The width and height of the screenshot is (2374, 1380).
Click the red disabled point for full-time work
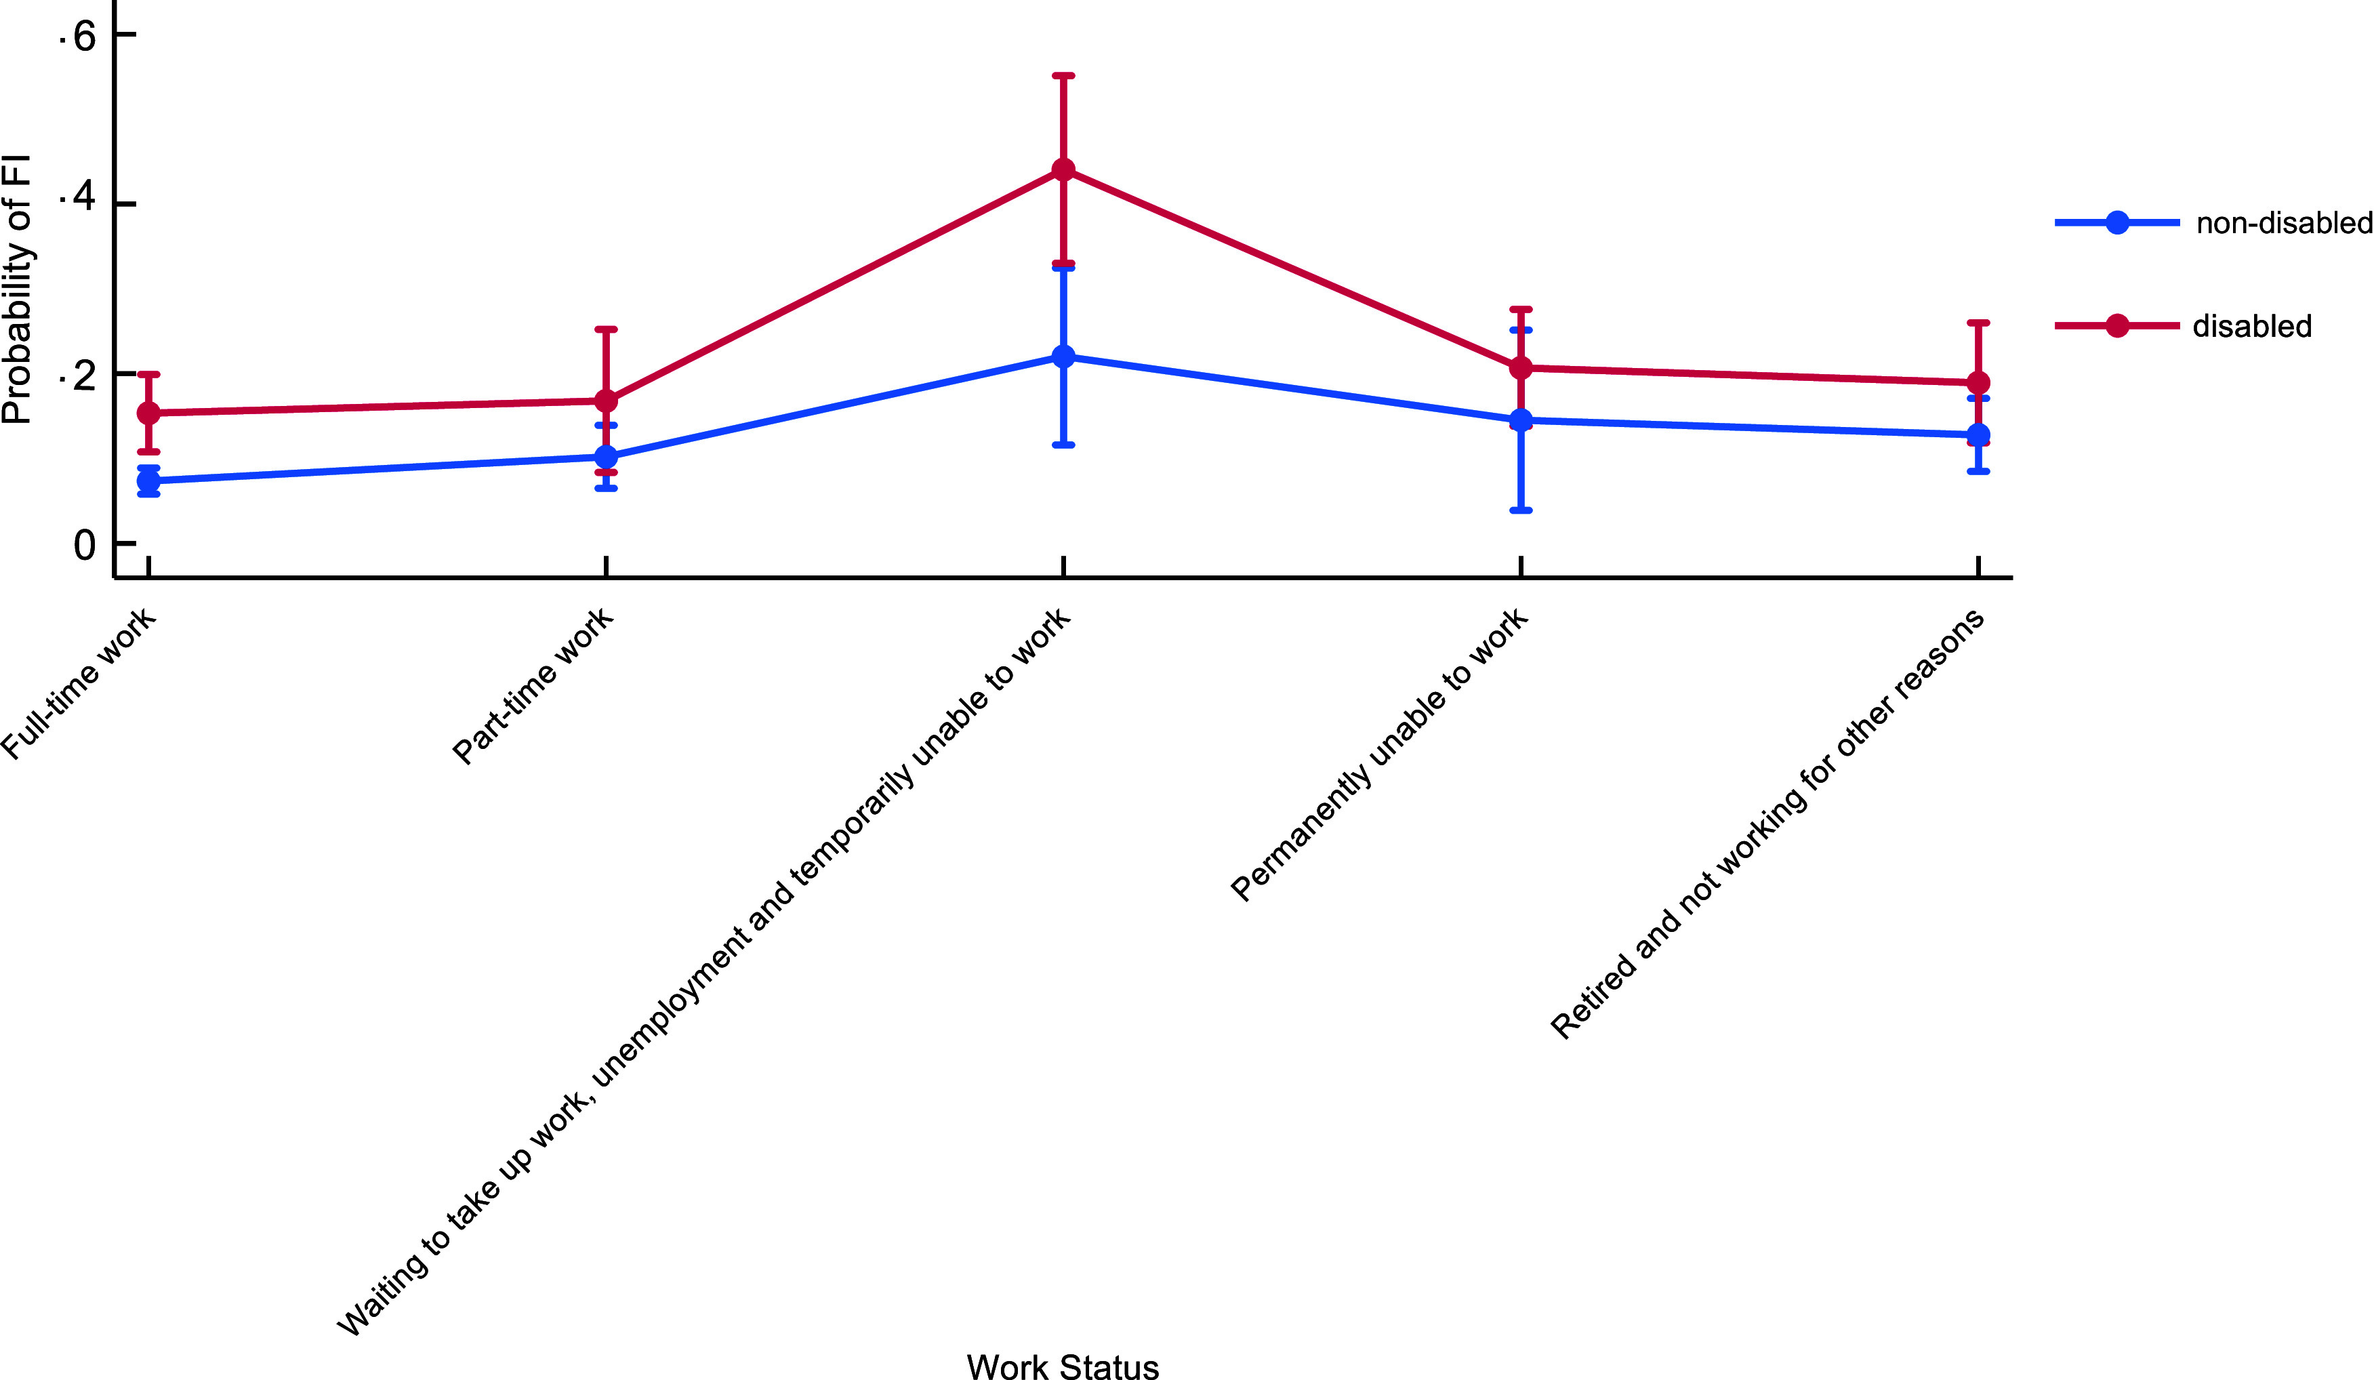(149, 413)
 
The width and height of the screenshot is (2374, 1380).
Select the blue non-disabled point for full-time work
(149, 481)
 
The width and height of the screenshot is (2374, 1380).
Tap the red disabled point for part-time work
(607, 401)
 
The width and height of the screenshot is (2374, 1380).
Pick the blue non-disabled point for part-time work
(607, 457)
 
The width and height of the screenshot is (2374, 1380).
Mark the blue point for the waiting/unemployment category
(1063, 356)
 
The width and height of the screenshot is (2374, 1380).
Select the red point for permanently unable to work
(1521, 367)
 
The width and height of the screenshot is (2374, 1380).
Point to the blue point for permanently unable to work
(1521, 420)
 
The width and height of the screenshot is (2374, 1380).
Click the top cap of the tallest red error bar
(1063, 75)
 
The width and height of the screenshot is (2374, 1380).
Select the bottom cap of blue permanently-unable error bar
(1521, 510)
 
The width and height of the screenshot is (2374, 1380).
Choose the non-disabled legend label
(2285, 223)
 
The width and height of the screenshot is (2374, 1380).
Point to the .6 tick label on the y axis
(77, 36)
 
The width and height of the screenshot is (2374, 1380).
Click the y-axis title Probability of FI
(16, 289)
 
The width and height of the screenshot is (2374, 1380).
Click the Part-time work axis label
(532, 687)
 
